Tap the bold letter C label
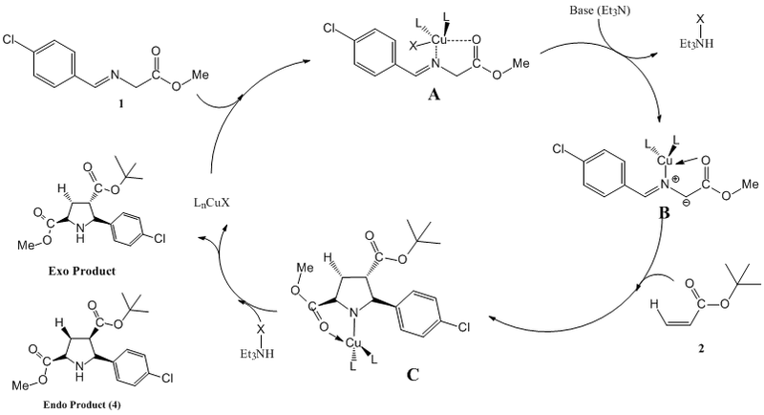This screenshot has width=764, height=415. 413,375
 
